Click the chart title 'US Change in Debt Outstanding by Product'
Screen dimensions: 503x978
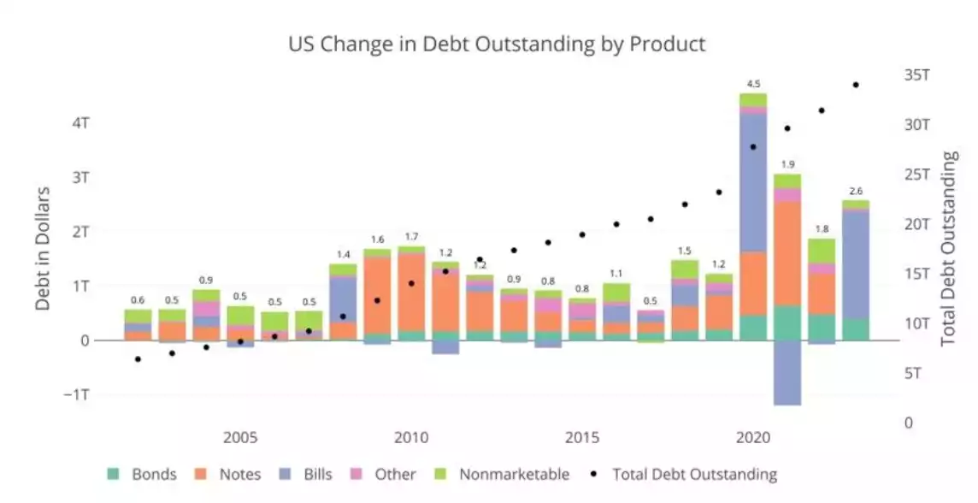497,44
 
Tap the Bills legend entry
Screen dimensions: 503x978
317,474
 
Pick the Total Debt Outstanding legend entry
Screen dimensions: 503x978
694,474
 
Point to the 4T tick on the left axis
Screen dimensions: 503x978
81,122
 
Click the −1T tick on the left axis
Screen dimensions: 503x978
78,394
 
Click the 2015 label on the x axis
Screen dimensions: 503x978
581,438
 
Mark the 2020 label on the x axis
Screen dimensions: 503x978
752,438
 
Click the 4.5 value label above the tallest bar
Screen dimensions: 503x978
753,84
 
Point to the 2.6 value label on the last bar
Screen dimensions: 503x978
856,191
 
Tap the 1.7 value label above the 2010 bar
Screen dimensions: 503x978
411,237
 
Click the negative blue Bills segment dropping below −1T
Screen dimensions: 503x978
787,373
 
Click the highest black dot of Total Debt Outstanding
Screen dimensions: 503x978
856,85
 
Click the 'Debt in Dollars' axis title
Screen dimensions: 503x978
43,248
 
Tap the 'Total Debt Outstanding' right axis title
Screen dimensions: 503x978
949,248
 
